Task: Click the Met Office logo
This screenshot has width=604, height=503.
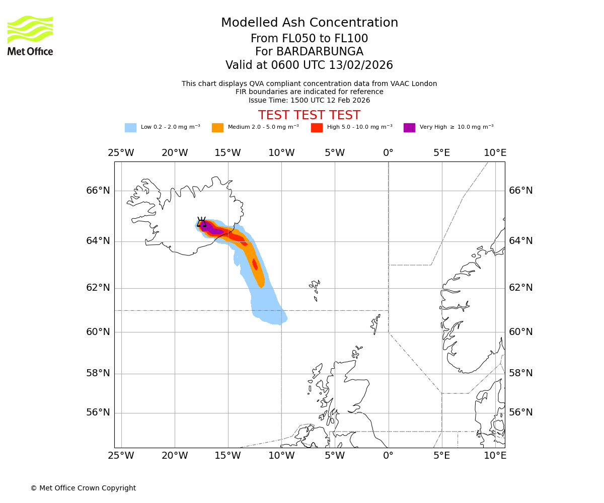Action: pos(30,35)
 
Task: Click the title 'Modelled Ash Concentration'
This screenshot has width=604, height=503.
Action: pos(310,23)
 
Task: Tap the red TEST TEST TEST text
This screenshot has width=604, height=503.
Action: pos(310,115)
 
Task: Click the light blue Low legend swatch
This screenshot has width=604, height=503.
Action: pos(130,128)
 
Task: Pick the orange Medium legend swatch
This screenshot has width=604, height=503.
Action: pos(217,128)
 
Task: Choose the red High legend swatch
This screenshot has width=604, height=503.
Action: pos(317,128)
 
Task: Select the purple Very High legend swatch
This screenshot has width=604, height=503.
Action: pos(409,128)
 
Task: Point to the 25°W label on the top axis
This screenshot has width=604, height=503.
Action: pos(121,153)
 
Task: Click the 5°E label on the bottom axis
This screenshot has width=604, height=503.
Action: pos(441,456)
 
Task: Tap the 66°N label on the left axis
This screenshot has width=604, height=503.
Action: pos(98,191)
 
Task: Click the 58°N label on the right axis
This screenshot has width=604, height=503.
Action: pos(520,373)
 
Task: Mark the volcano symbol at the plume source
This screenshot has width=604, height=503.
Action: pos(201,222)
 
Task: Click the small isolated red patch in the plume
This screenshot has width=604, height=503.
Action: pos(255,264)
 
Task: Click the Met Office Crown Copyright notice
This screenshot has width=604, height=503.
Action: pos(83,488)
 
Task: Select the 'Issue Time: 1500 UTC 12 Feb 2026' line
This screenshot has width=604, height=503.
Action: pos(310,100)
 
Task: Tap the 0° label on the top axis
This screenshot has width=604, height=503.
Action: pos(388,153)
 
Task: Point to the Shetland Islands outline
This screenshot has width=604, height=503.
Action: pos(375,323)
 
